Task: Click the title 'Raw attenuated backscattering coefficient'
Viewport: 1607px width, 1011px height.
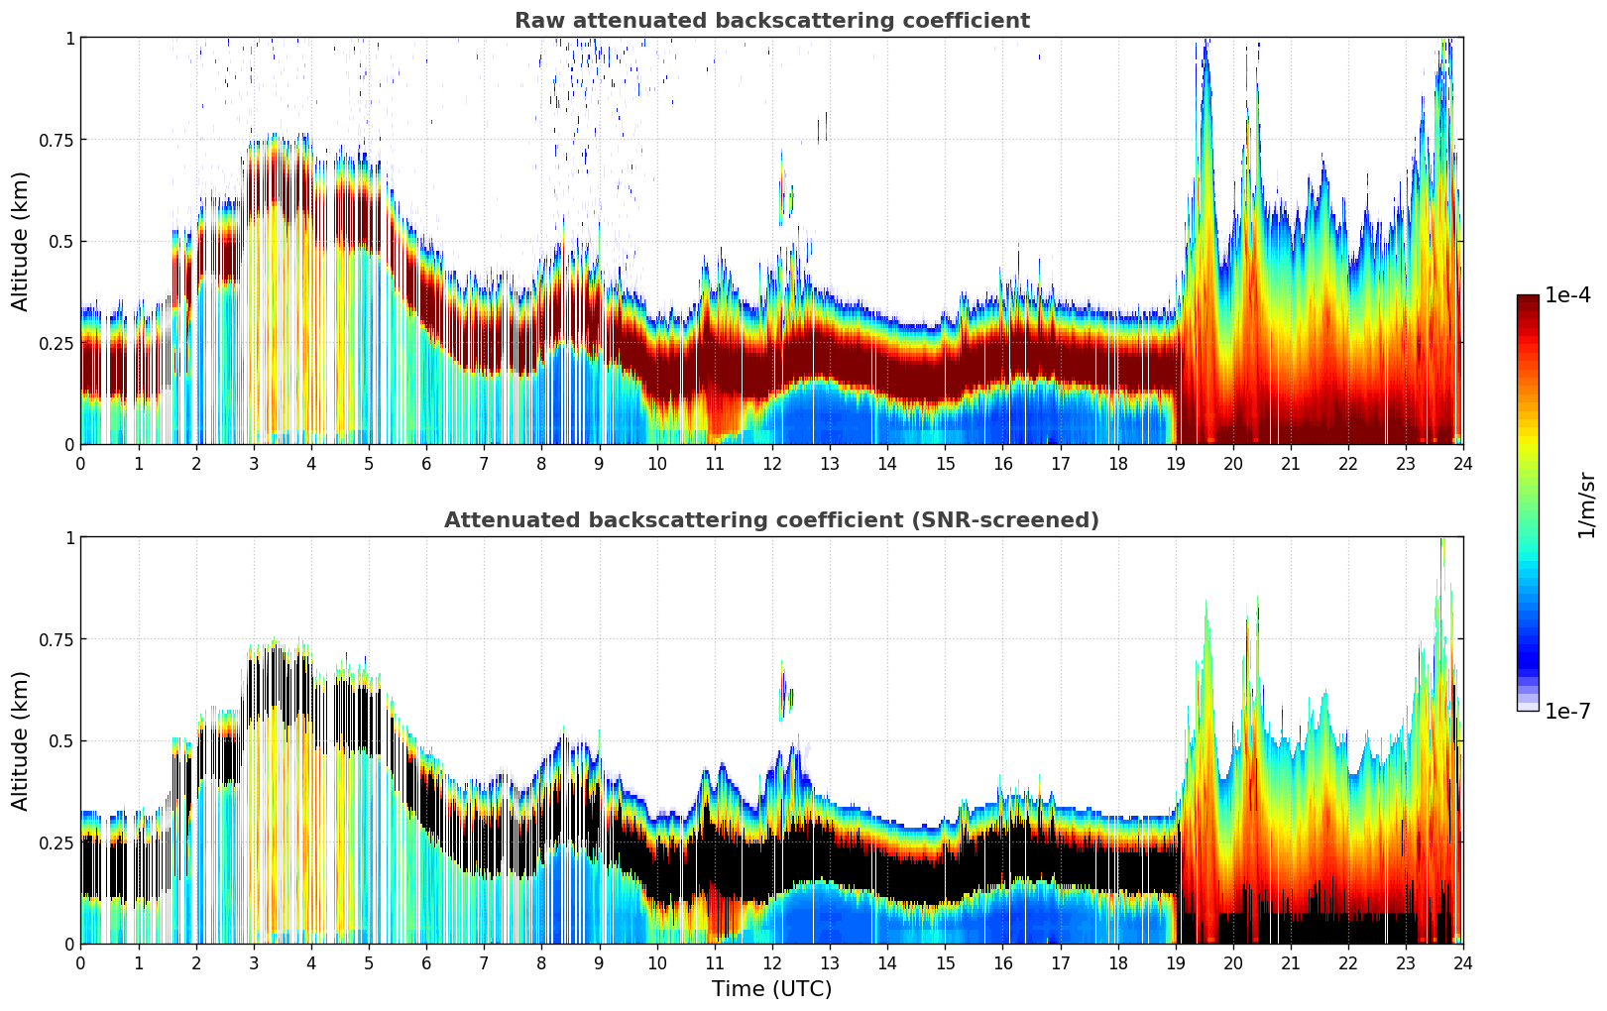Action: pos(771,21)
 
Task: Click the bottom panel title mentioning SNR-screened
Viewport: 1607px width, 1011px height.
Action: pos(771,520)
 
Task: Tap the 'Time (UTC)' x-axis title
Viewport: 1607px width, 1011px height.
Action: pos(771,989)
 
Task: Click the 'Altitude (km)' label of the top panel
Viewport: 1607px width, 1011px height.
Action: pos(21,241)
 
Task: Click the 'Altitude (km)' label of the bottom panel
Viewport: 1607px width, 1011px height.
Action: pos(21,740)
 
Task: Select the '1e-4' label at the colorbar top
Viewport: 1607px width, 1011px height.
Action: pos(1567,295)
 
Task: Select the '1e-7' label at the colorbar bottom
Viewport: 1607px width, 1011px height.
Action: pos(1567,711)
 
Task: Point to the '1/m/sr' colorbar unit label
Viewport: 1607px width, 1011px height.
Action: pos(1586,505)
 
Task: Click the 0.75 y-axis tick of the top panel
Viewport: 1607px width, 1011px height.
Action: pos(56,140)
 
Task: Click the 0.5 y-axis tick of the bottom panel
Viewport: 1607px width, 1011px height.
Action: pos(61,741)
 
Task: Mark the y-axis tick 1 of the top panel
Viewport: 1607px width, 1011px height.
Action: pos(69,39)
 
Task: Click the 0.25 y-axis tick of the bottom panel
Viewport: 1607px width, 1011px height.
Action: pos(56,843)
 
